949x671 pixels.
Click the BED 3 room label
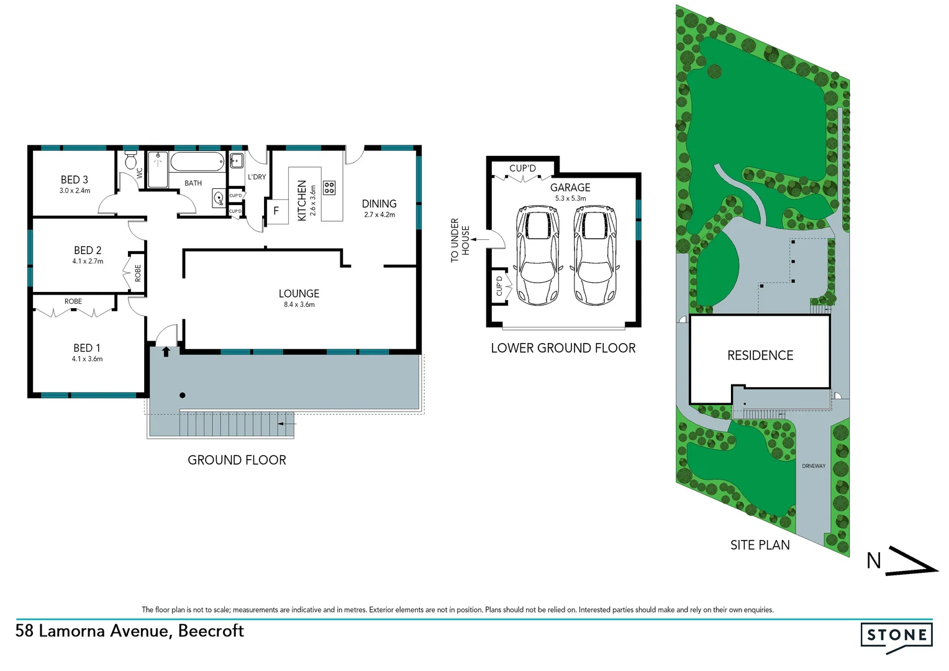click(75, 180)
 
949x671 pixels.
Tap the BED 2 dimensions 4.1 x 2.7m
click(88, 262)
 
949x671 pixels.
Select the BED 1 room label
click(87, 348)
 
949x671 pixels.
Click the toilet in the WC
click(130, 160)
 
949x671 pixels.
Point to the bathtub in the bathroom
click(196, 163)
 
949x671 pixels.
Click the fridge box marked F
click(276, 211)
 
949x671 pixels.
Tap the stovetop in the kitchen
click(329, 188)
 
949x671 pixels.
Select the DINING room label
click(379, 204)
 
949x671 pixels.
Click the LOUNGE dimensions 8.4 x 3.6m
click(299, 304)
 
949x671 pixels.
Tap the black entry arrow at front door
click(166, 352)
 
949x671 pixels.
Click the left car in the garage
click(537, 255)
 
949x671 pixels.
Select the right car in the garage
click(594, 255)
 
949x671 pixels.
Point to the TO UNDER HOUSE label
click(460, 240)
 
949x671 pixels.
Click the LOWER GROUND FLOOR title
click(563, 348)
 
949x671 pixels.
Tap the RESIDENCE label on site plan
click(760, 355)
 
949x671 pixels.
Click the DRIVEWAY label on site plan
click(813, 466)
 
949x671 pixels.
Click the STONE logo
click(896, 636)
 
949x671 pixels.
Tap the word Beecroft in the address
click(211, 631)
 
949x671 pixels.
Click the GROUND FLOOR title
click(237, 460)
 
